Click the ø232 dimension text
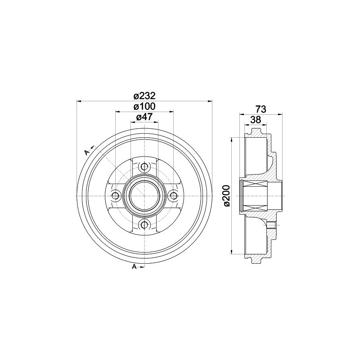point(144,95)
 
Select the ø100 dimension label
point(144,107)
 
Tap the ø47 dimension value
point(144,117)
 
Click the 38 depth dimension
point(256,119)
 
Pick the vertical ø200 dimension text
point(226,196)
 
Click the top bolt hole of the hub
point(144,167)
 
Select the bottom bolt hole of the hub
point(144,225)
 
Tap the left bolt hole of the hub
point(115,196)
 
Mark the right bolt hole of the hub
point(173,196)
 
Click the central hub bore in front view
point(144,196)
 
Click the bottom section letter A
point(134,268)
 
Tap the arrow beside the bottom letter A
point(140,268)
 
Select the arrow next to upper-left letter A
point(91,147)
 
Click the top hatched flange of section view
point(256,135)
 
